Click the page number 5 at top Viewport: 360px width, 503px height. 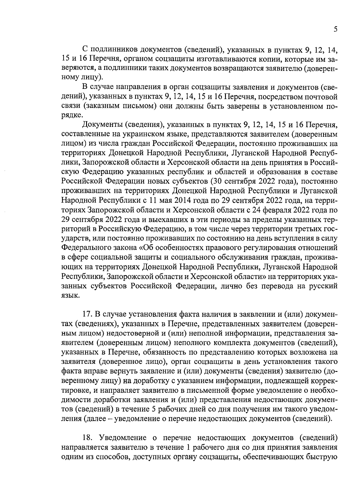[x=335, y=29]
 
